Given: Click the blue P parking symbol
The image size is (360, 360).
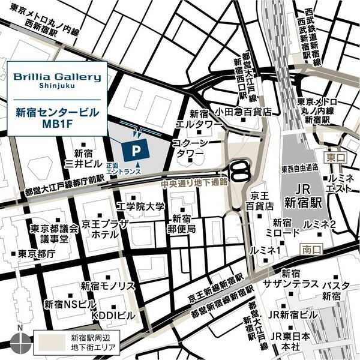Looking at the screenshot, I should (137, 147).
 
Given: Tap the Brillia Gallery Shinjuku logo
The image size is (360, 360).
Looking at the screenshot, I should (58, 81).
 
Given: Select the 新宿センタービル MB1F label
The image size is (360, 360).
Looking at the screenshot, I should (58, 118).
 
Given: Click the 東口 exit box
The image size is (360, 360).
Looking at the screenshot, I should (333, 157).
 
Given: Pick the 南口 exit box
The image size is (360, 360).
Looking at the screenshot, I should (308, 248).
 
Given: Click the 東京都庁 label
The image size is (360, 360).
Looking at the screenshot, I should (37, 253).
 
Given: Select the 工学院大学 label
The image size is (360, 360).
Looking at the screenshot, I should (140, 207).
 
